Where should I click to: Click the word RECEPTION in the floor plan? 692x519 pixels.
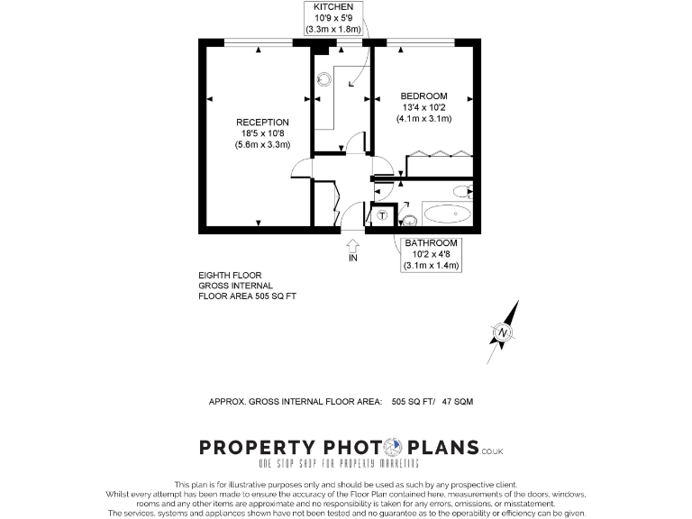point(262,123)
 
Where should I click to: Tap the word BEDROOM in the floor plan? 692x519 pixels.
point(423,96)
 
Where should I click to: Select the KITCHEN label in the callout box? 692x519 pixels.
point(332,7)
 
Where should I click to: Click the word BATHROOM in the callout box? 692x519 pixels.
point(431,243)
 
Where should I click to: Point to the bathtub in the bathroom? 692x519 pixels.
point(447,214)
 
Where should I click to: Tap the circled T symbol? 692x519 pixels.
point(382,215)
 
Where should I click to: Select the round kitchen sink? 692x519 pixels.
point(324,79)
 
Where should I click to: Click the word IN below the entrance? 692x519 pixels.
point(351,259)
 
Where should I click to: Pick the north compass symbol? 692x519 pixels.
point(502,333)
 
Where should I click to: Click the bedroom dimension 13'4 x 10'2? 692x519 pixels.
point(423,107)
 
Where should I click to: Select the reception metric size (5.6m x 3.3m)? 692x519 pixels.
point(262,144)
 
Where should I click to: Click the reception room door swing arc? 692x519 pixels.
point(301,168)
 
